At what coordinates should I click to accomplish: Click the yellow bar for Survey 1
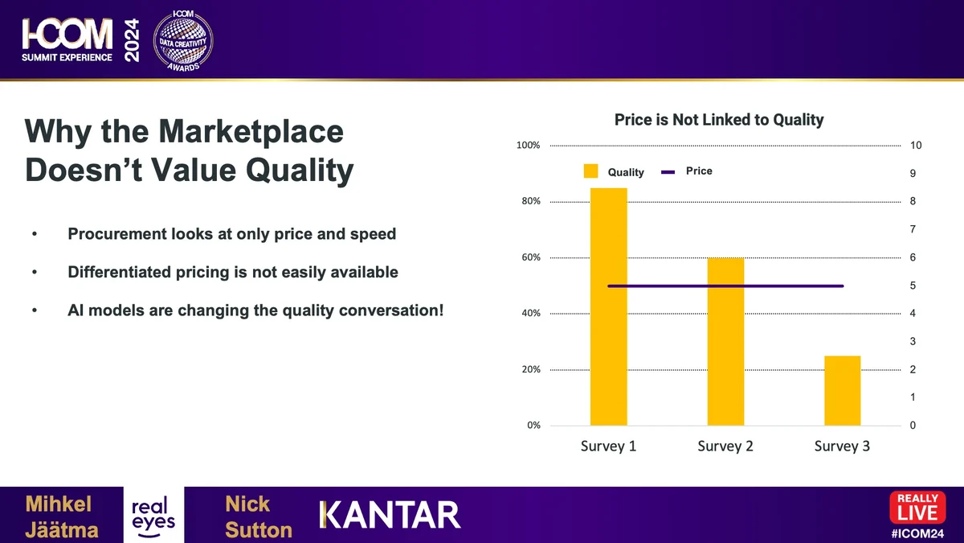(609, 306)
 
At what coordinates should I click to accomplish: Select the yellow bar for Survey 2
(725, 342)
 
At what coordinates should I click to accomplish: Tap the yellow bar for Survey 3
(842, 391)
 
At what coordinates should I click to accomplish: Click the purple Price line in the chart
(725, 286)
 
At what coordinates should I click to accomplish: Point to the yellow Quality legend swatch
(591, 171)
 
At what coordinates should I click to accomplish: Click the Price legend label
(699, 171)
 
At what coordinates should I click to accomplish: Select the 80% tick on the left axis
(531, 201)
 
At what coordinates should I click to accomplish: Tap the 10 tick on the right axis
(916, 146)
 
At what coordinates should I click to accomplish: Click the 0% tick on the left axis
(533, 426)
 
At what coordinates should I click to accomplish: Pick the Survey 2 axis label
(725, 446)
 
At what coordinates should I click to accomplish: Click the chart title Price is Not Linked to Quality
(719, 120)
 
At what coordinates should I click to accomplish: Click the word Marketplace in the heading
(251, 131)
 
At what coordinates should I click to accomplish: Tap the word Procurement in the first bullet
(116, 234)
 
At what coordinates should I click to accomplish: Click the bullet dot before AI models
(35, 311)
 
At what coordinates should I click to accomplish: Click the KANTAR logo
(390, 515)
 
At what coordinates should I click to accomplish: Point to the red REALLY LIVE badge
(917, 508)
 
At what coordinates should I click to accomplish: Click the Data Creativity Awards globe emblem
(183, 40)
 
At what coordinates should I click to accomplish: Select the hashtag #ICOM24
(917, 533)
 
